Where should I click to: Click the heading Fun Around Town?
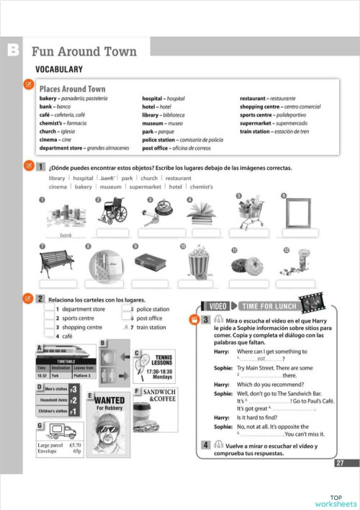[84, 52]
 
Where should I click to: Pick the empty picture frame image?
[297, 212]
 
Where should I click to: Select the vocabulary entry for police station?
[183, 140]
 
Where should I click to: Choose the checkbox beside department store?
[50, 309]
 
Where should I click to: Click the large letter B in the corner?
[13, 50]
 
